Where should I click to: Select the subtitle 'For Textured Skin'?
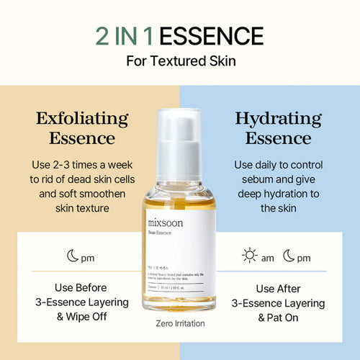coord(180,60)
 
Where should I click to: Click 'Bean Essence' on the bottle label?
coord(163,235)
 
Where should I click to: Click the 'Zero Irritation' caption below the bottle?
coord(180,324)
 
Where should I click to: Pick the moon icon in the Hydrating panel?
coord(289,256)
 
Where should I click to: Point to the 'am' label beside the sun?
coord(268,257)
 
